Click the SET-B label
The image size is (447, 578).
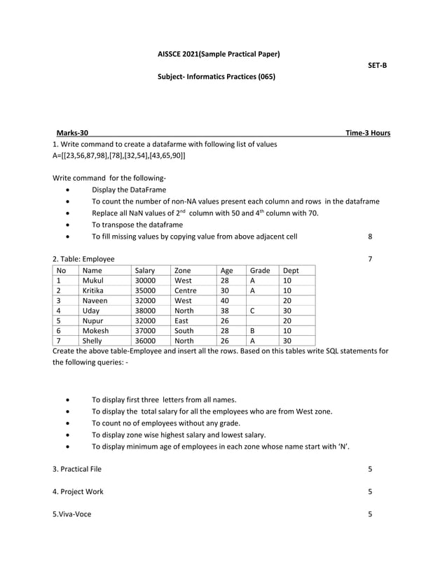(377, 65)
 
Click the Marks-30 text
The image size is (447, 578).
(72, 133)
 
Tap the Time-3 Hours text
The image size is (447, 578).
(368, 133)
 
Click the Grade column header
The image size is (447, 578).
(260, 270)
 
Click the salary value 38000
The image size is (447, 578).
(146, 310)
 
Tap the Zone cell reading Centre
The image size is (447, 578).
(186, 290)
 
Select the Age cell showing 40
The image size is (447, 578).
(225, 300)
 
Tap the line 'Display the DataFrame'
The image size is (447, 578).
(129, 189)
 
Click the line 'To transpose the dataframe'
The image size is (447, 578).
(137, 225)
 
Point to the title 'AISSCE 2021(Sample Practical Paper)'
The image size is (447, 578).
(219, 54)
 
